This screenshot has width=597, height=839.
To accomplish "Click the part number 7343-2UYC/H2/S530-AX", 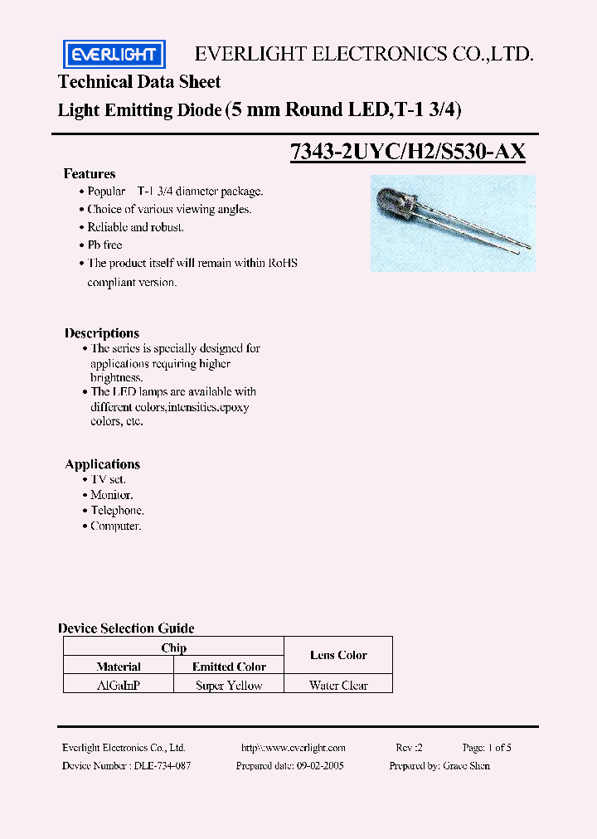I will click(407, 153).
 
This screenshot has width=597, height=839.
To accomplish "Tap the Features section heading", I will click(90, 174).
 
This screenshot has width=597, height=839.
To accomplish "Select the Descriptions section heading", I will click(102, 333).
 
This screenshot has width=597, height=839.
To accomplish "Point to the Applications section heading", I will click(103, 464).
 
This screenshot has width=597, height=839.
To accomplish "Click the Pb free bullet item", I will click(104, 245).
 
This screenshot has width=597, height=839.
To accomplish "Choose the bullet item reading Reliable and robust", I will click(135, 227).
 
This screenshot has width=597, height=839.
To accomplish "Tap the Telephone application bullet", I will click(117, 511).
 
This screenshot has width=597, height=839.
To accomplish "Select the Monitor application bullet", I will click(112, 495).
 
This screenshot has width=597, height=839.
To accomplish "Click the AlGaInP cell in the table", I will click(119, 686).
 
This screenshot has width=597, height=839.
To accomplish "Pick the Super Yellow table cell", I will click(229, 686).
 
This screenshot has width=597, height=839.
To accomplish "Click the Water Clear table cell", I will click(338, 686).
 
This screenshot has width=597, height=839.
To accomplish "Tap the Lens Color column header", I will click(338, 655).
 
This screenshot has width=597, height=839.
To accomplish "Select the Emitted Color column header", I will click(229, 667).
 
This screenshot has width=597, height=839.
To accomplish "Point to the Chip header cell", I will click(174, 647).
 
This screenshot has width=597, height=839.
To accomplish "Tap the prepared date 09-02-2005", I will click(320, 766).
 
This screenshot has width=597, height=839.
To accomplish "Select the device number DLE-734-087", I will click(162, 766).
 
